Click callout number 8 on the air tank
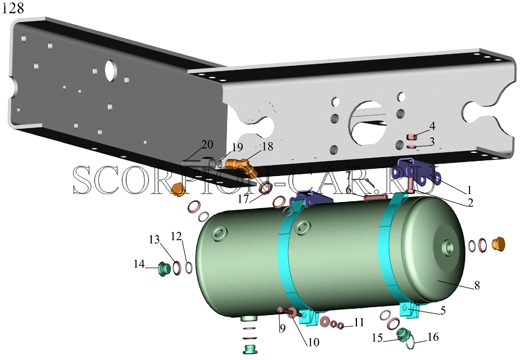[x=477, y=285]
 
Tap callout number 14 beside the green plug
[x=139, y=264]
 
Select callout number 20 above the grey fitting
[x=207, y=144]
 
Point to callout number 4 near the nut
[x=432, y=126]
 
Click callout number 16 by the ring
[x=433, y=336]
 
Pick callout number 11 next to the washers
[x=359, y=322]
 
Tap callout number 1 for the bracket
[x=469, y=190]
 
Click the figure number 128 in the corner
[x=13, y=8]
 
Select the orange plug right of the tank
[x=498, y=244]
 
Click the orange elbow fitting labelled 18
[x=241, y=166]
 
